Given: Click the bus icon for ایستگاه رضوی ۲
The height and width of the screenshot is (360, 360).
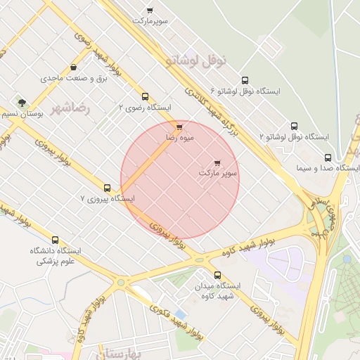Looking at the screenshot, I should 145,96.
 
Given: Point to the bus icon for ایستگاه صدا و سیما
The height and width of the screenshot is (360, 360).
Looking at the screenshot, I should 328,157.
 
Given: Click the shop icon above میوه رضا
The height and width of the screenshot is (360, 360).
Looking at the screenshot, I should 179,127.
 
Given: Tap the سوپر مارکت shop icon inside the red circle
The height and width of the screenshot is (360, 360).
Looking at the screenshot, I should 217,162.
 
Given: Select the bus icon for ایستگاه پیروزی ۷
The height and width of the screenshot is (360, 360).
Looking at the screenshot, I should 107,188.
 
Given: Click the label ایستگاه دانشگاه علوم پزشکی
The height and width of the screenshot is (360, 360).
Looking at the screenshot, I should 55,255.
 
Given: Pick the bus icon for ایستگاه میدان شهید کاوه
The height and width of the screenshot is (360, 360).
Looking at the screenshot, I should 217,276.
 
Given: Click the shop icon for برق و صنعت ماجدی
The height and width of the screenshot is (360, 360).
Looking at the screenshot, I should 73,67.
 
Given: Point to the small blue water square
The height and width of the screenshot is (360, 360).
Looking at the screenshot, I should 181,314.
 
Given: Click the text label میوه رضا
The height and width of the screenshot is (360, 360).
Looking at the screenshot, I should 179,139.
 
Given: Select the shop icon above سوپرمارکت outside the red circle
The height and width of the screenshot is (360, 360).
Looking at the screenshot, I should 150,11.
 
